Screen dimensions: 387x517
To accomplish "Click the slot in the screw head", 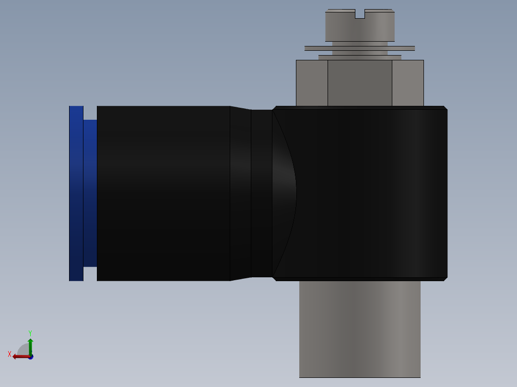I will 360,14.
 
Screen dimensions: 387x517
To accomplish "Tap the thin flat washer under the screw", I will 360,48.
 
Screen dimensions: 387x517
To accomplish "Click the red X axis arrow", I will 20,356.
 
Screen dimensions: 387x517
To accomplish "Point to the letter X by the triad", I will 10,354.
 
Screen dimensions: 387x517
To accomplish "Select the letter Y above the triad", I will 30,333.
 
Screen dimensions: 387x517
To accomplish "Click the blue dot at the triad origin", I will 30,357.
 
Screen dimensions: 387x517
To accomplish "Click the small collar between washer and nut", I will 360,57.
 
